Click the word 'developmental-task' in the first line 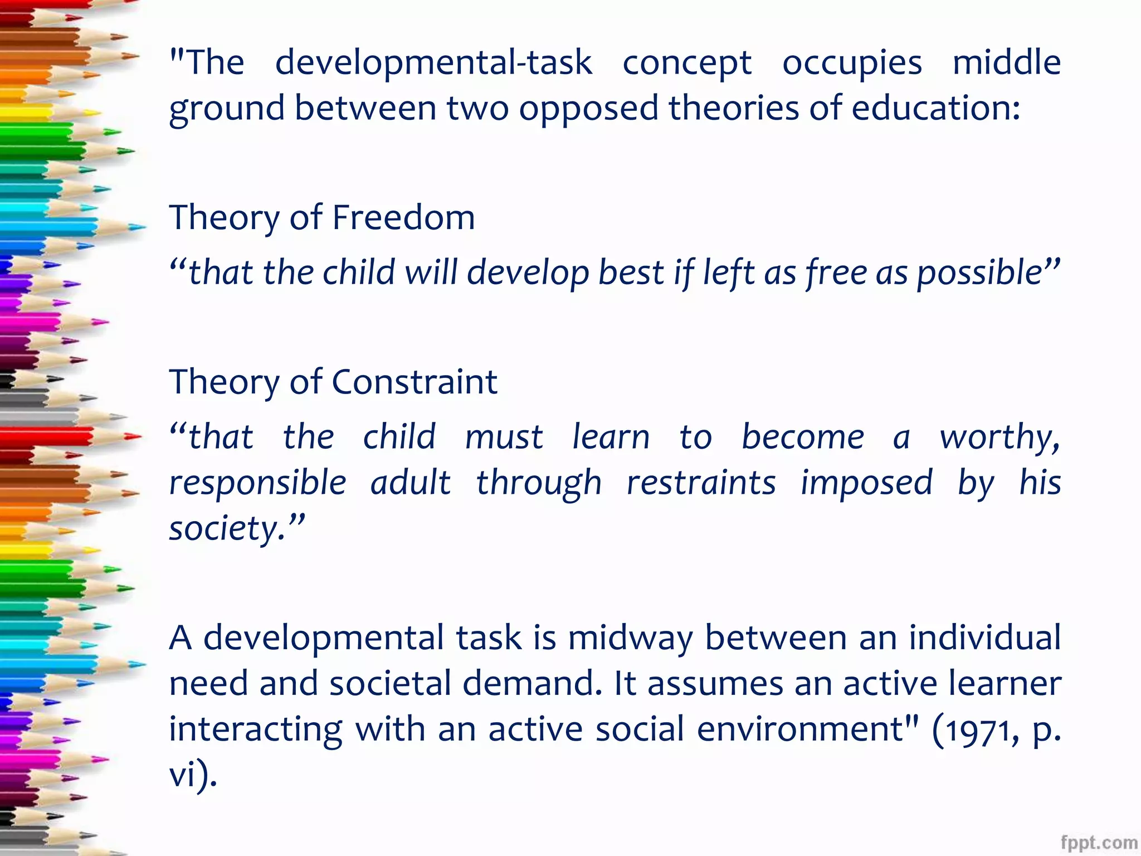tap(433, 62)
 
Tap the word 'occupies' tap(852, 62)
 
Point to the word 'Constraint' tap(415, 382)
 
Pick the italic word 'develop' tap(527, 273)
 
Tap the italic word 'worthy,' tap(1000, 437)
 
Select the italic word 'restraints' tap(701, 483)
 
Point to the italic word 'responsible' tap(257, 483)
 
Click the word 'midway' tap(630, 638)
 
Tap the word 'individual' tap(985, 638)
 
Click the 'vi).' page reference tap(193, 775)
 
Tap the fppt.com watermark tap(1099, 842)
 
